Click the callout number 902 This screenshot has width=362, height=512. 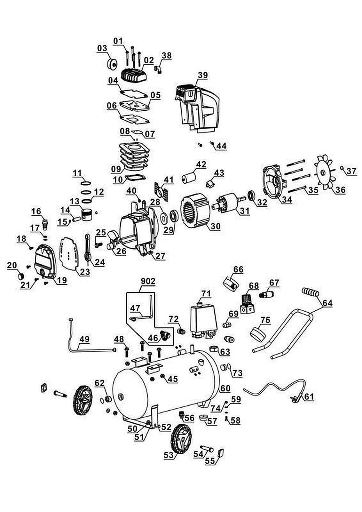(148, 281)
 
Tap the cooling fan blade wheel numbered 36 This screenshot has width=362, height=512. (324, 172)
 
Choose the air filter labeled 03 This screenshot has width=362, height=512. (112, 63)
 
